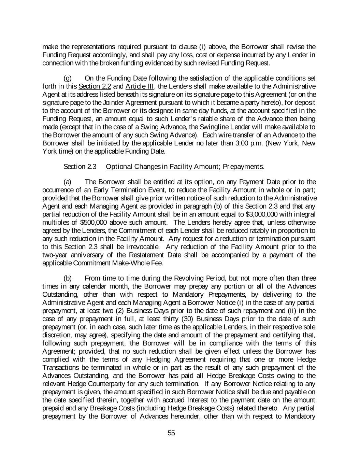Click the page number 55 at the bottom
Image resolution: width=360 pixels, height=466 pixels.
click(171, 433)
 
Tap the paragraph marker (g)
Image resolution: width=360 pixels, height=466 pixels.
click(68, 78)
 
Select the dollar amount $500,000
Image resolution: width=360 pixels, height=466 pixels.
click(98, 222)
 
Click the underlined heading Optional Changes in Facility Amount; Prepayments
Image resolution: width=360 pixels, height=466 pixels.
click(185, 166)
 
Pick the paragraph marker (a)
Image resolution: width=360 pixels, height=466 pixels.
click(68, 181)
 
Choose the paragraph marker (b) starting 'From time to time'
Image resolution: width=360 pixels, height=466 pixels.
click(68, 278)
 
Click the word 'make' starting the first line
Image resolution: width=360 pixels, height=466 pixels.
click(49, 47)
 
